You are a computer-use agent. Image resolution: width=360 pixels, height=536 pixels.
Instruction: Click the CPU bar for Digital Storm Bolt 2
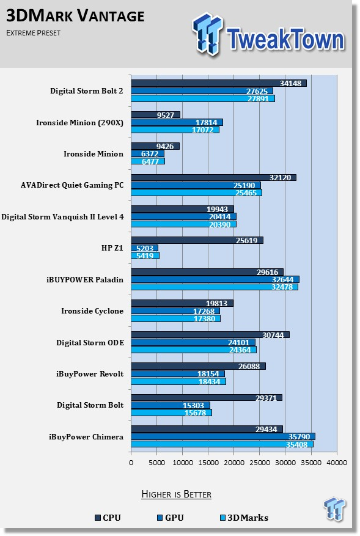(x=219, y=83)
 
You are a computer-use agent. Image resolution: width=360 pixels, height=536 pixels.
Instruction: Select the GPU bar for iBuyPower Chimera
(x=223, y=436)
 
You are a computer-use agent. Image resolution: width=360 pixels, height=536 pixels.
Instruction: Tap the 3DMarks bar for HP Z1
(x=145, y=255)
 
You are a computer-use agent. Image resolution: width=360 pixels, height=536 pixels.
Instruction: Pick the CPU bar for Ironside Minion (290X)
(x=156, y=115)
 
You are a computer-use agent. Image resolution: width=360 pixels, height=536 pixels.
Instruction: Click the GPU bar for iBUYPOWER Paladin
(x=215, y=280)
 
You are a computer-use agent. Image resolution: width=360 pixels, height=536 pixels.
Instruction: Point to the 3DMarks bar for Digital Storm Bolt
(x=171, y=413)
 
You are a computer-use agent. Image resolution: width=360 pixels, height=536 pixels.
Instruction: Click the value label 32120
(x=281, y=177)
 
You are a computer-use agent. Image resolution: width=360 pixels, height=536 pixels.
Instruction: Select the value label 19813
(x=217, y=303)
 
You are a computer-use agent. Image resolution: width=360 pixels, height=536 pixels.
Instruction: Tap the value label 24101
(x=238, y=342)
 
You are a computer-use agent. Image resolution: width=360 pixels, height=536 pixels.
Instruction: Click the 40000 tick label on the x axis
(x=337, y=463)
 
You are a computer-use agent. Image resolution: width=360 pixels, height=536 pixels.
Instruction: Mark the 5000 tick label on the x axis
(x=156, y=463)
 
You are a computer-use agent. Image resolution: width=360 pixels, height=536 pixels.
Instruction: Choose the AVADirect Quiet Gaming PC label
(x=72, y=185)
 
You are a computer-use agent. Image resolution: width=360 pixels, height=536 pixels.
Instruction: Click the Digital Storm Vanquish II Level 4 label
(x=62, y=217)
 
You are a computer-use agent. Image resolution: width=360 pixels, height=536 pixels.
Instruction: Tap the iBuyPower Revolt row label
(x=90, y=374)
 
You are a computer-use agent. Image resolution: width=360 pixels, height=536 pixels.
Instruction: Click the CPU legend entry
(x=108, y=518)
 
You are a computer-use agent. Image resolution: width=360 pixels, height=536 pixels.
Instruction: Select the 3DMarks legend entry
(x=244, y=518)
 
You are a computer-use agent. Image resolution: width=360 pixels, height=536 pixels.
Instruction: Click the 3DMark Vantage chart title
(x=75, y=16)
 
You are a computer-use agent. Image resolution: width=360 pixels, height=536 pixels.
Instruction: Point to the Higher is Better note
(x=177, y=494)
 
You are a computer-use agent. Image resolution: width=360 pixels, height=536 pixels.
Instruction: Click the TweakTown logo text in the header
(x=285, y=39)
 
